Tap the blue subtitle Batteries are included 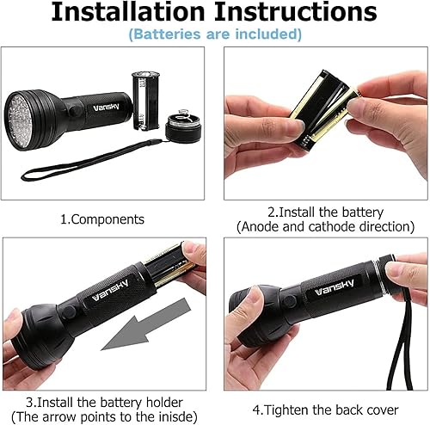(215, 34)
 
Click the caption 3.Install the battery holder (107, 403)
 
